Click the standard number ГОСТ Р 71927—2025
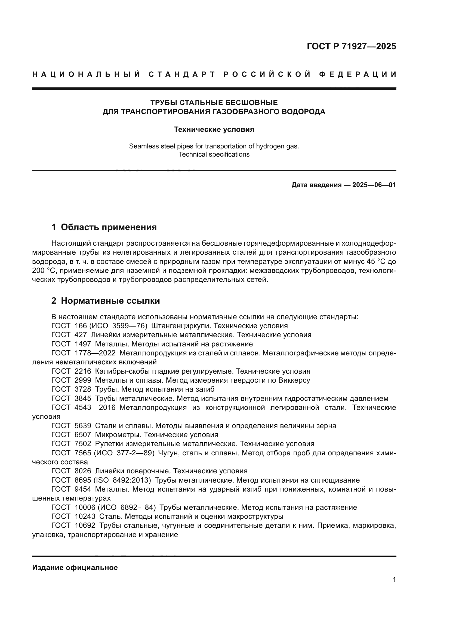(351, 46)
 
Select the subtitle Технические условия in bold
(214, 130)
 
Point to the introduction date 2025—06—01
(374, 185)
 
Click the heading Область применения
(109, 227)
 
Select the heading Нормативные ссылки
(110, 301)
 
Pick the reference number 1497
(83, 344)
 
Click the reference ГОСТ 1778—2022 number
(95, 353)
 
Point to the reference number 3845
(83, 399)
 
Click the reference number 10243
(85, 517)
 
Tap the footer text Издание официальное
(75, 568)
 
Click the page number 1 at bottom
(394, 580)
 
